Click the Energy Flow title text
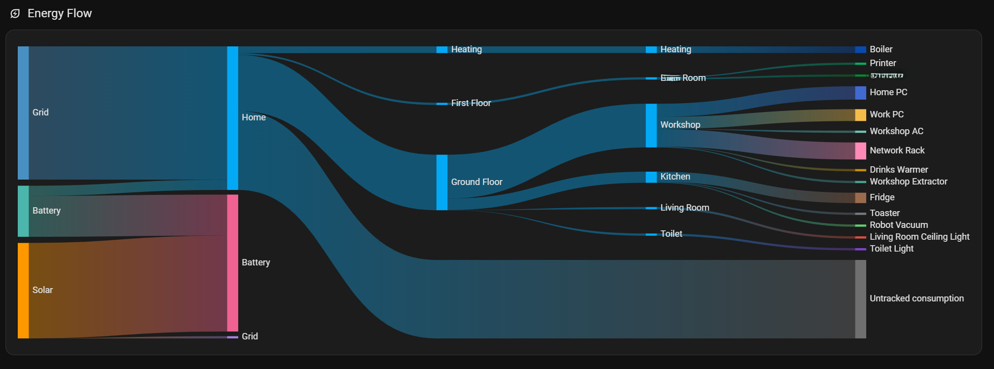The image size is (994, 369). point(60,13)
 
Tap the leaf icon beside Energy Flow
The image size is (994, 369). point(15,14)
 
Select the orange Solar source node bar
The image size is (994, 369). point(23,290)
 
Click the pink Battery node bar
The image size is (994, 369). point(232,262)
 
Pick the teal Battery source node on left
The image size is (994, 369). point(23,211)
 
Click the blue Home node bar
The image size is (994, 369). point(232,117)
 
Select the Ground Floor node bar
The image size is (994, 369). point(442,182)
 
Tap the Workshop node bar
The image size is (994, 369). point(651,125)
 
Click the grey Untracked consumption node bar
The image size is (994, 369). point(860,299)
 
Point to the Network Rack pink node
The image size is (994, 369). point(860,151)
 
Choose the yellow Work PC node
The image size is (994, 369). point(860,115)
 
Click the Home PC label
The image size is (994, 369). point(888,92)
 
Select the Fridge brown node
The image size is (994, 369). point(860,198)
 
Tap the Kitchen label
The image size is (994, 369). point(675,177)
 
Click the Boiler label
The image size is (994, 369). point(881,49)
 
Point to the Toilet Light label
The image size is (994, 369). point(891,249)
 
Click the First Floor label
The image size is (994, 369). point(471,103)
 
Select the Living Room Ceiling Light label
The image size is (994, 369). point(919,237)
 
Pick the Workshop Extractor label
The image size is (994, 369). point(908,182)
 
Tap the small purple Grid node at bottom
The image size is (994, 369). point(232,337)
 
